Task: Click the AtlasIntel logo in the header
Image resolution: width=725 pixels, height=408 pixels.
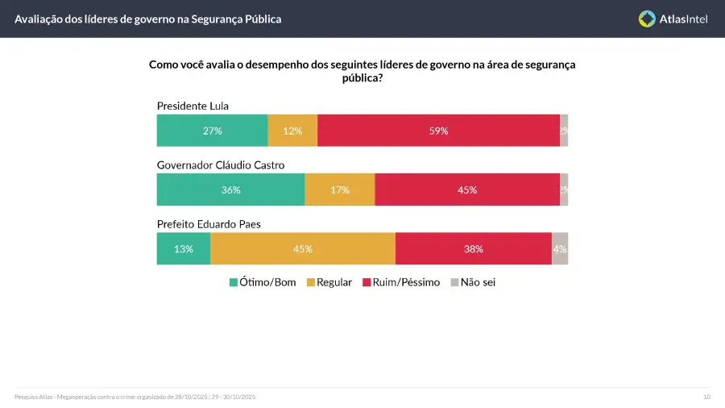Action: [x=673, y=19]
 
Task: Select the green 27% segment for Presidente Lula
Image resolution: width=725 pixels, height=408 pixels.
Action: [x=212, y=131]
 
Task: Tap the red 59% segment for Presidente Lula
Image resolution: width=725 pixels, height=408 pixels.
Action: [x=438, y=131]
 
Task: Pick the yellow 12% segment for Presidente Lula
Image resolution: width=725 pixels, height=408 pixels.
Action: [x=292, y=131]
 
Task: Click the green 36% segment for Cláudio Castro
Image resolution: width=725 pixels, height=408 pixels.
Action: [x=230, y=190]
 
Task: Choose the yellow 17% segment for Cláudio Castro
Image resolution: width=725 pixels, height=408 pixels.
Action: [x=339, y=190]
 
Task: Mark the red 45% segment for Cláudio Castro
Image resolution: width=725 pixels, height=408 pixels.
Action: [x=467, y=190]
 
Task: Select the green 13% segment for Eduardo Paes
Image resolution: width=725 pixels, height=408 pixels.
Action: [x=184, y=249]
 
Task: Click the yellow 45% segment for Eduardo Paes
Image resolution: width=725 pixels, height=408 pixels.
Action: [x=303, y=249]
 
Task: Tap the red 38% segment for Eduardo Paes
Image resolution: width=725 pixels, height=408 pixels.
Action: [x=473, y=249]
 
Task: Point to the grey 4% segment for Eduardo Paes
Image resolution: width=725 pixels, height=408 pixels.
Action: [x=560, y=249]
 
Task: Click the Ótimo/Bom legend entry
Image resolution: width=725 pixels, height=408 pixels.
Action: [x=263, y=282]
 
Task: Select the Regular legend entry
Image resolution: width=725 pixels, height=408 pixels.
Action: [x=329, y=282]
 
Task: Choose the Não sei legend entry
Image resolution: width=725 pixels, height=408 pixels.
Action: [x=472, y=282]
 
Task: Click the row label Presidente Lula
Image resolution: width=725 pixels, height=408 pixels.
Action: [x=193, y=106]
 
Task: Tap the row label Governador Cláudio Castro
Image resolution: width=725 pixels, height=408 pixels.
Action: [x=220, y=165]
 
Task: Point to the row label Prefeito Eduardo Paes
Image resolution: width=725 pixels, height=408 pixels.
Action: [x=208, y=224]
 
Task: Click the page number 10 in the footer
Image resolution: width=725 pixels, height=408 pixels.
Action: [x=706, y=397]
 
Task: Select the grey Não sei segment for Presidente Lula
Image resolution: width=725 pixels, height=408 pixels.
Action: [x=564, y=131]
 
